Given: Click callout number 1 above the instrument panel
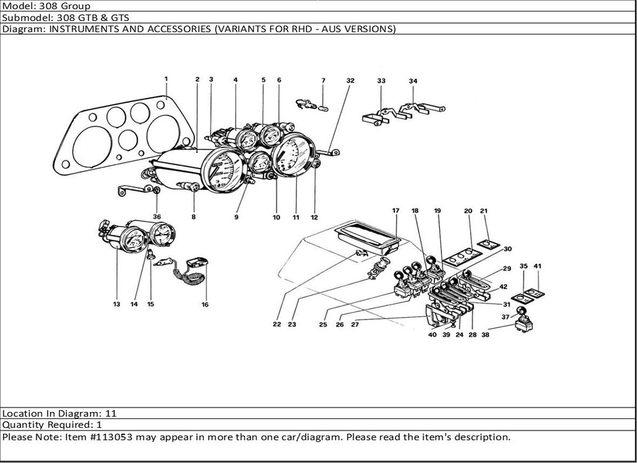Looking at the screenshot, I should click(166, 79).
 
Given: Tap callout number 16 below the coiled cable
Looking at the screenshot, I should click(205, 305).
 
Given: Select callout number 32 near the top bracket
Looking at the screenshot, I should click(350, 80).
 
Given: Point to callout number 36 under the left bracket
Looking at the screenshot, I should click(157, 217).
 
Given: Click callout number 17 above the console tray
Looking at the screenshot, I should click(396, 210).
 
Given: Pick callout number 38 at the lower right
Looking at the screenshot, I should click(486, 334).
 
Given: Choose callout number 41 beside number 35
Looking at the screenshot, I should click(538, 265).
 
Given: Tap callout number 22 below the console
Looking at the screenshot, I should click(277, 324).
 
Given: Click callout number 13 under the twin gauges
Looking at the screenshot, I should click(117, 305).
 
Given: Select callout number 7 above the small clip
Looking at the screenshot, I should click(323, 80).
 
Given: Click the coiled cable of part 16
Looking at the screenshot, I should click(189, 279).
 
